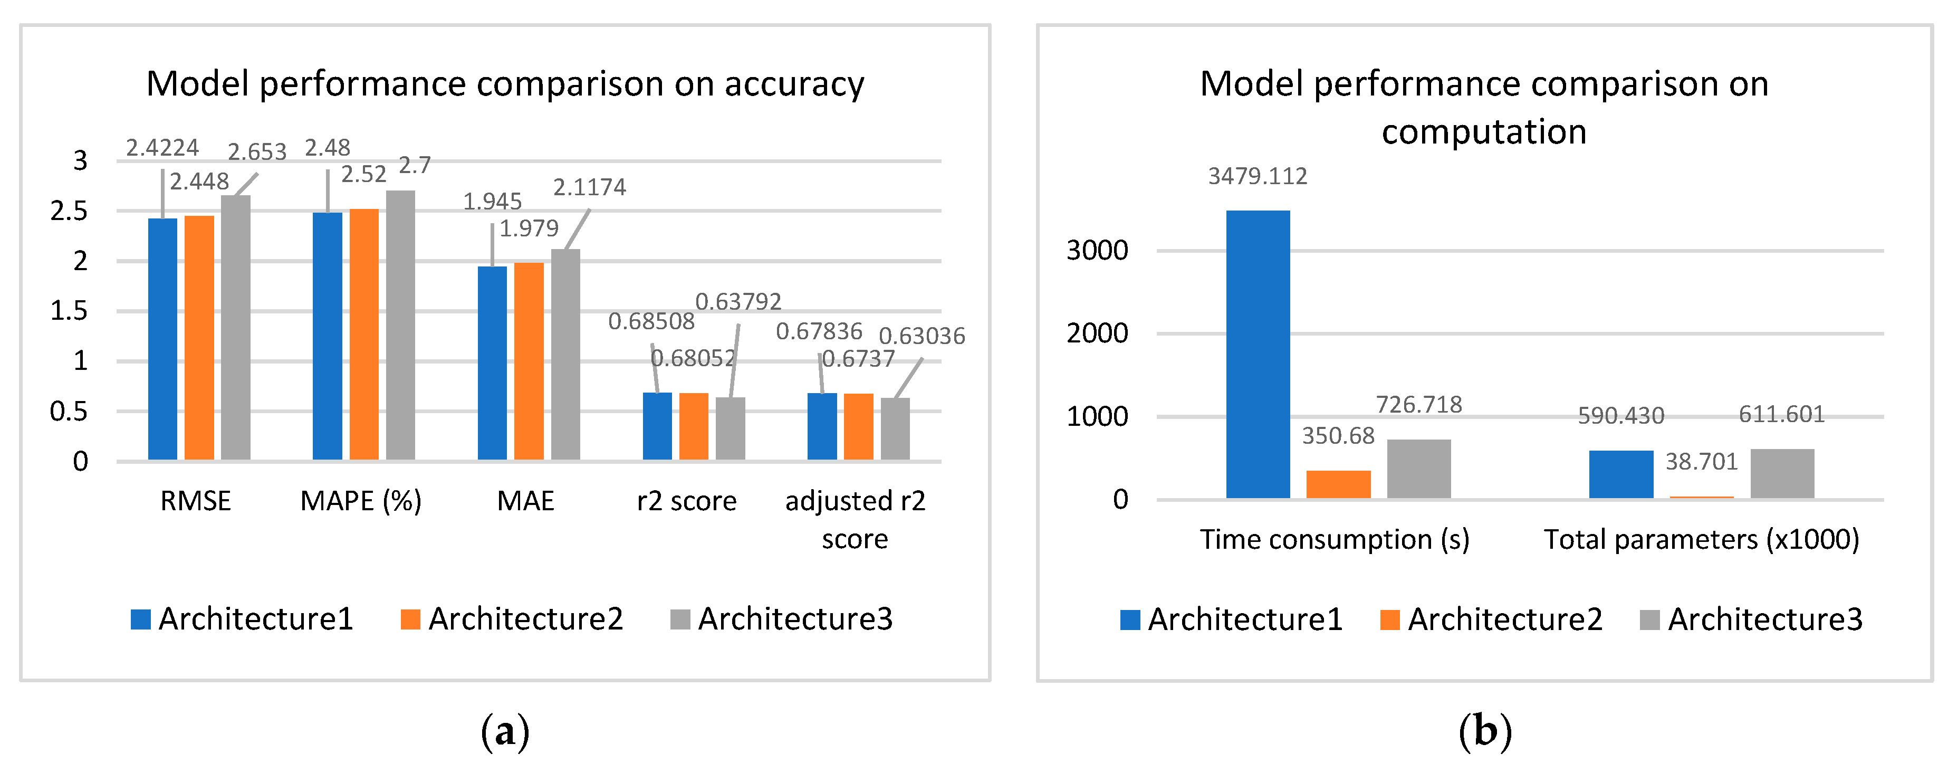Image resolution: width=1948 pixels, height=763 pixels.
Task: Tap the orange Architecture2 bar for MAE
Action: (x=529, y=361)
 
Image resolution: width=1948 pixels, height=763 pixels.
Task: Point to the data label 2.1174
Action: (x=589, y=187)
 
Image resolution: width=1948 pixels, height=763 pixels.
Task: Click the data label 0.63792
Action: (x=738, y=302)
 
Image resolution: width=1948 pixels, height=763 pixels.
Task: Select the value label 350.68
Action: (x=1338, y=435)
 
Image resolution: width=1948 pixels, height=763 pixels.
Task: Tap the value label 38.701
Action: (x=1702, y=461)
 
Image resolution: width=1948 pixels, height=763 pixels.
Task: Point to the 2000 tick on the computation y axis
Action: (x=1097, y=333)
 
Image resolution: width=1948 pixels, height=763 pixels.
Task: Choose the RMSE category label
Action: (x=195, y=501)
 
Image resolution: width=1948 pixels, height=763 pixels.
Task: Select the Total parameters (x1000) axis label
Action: (x=1702, y=539)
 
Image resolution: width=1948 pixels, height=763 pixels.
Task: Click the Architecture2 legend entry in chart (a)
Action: (x=513, y=618)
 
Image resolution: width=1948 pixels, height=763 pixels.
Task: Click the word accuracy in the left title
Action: (x=794, y=84)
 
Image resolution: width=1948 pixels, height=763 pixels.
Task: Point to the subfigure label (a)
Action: (x=505, y=731)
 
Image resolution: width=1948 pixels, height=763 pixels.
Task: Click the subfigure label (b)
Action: (x=1485, y=731)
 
